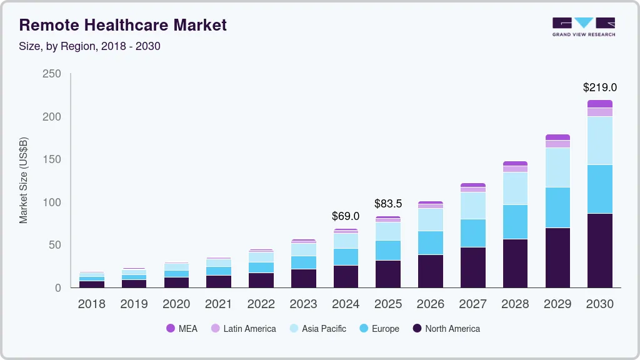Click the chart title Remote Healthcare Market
click(122, 25)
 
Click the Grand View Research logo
click(584, 27)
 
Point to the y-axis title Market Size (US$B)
click(24, 180)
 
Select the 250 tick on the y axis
click(52, 74)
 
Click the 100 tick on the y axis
click(52, 202)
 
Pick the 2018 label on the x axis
click(91, 304)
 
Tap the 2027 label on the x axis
click(473, 304)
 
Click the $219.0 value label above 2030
click(599, 87)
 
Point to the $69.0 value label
click(346, 216)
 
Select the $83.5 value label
click(388, 204)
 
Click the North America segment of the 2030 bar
click(599, 250)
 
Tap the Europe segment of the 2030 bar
click(599, 189)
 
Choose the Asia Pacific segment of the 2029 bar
click(557, 167)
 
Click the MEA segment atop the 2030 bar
click(599, 104)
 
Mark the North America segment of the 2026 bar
click(431, 271)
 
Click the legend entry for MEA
click(182, 329)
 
